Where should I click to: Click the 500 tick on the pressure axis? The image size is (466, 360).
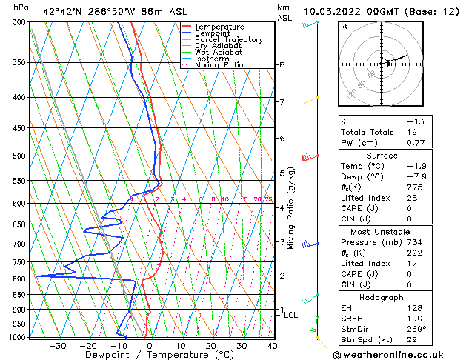pyautogui.click(x=19, y=156)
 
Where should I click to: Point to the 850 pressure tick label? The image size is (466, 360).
pyautogui.click(x=19, y=295)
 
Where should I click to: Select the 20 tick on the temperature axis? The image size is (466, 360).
pyautogui.click(x=211, y=346)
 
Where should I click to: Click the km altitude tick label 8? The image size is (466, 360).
pyautogui.click(x=282, y=65)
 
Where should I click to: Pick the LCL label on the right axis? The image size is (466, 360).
pyautogui.click(x=291, y=315)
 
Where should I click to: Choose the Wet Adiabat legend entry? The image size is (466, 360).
pyautogui.click(x=219, y=53)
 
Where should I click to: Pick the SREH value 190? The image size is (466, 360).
pyautogui.click(x=416, y=319)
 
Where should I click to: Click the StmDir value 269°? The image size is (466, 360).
pyautogui.click(x=417, y=330)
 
